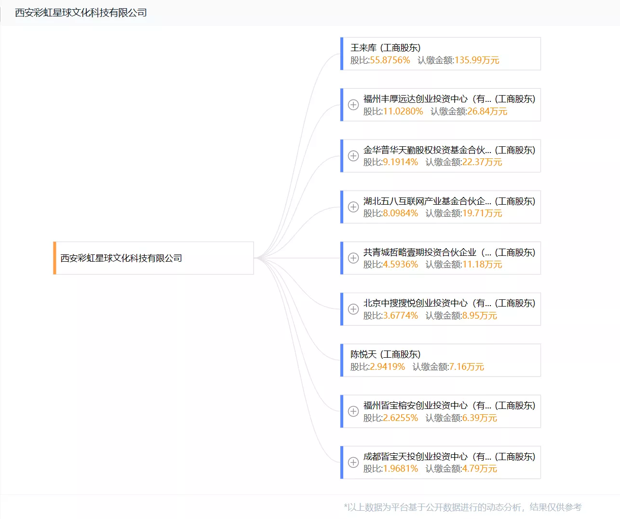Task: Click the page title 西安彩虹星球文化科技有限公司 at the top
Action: pos(81,13)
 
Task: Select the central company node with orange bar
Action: pos(153,258)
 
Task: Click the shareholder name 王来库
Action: pos(364,48)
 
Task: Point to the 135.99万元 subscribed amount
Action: pos(477,60)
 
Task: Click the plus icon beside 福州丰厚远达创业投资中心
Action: pos(353,105)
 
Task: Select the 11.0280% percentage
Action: pos(403,111)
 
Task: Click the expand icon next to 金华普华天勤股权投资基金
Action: pos(353,156)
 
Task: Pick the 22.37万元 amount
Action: pos(482,162)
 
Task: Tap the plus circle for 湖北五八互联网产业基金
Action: pos(353,207)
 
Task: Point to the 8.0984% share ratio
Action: pos(401,213)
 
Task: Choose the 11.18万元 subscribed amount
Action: pos(482,265)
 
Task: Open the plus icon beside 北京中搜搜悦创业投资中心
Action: pos(353,309)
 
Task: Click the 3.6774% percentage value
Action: pos(401,316)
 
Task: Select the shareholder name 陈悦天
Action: pos(364,354)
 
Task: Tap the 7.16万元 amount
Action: pos(467,367)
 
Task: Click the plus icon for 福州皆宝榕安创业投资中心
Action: pos(353,411)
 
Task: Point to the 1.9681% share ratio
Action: pos(401,469)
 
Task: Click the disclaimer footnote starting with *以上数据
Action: pos(463,507)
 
